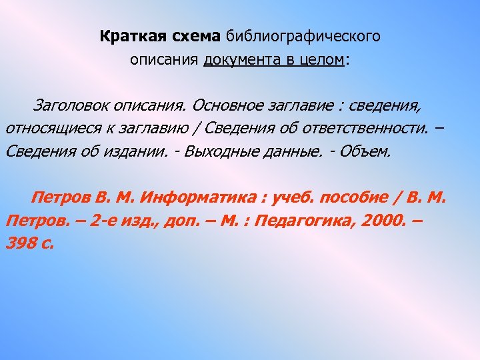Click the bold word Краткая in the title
[127, 36]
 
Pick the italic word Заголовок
[69, 105]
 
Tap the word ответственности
[373, 128]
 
